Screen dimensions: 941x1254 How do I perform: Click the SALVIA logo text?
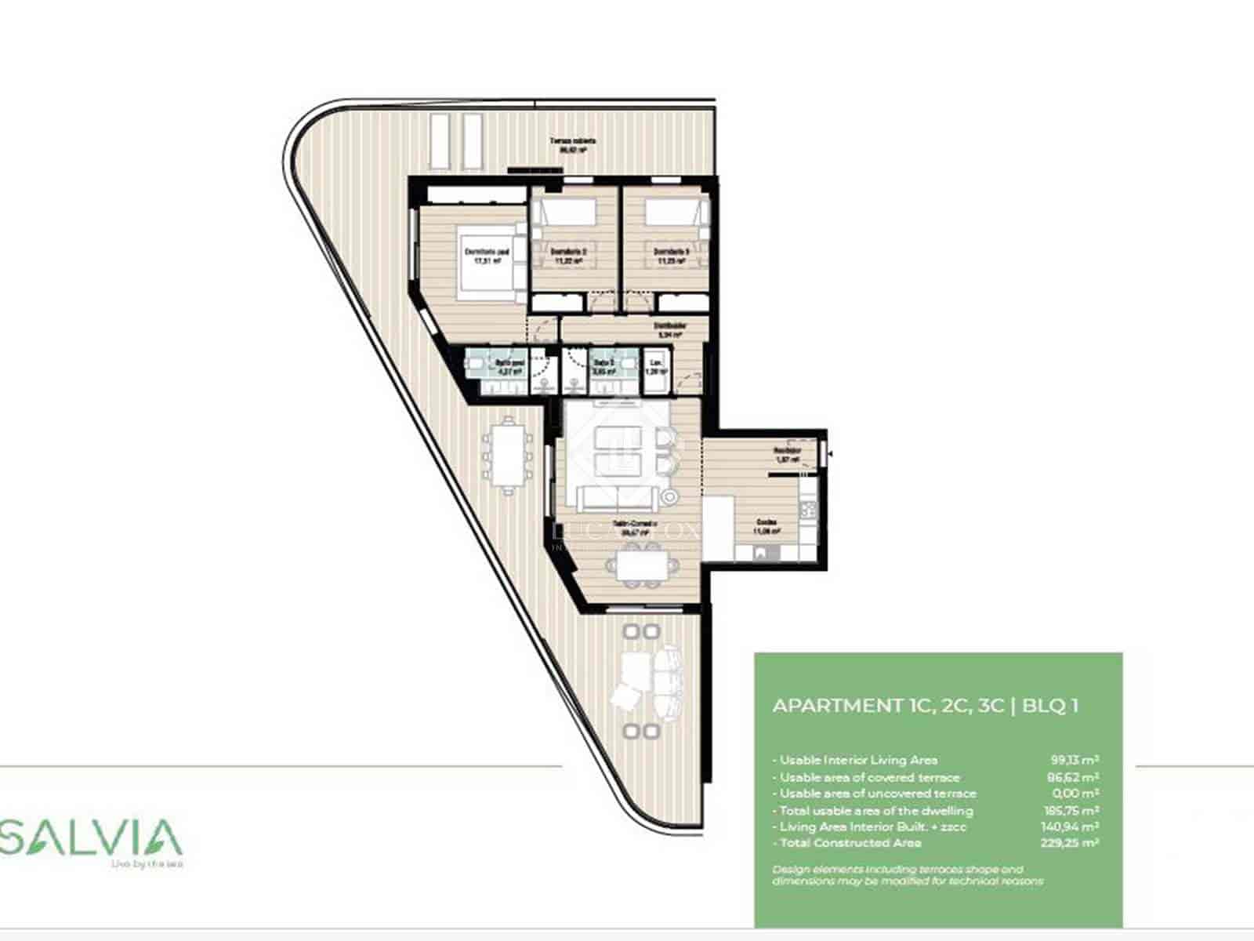click(x=92, y=837)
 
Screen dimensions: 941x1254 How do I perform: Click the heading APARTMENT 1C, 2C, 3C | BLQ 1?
click(x=925, y=705)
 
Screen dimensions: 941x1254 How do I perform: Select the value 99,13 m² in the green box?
click(x=1074, y=760)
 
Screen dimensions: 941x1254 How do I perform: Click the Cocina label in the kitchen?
click(x=766, y=526)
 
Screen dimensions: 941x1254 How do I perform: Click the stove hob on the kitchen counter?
click(x=808, y=510)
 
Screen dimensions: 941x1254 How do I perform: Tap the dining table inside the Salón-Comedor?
click(x=638, y=564)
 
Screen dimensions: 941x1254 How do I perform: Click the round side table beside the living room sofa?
click(x=669, y=496)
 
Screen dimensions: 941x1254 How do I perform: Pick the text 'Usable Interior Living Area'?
click(x=858, y=760)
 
